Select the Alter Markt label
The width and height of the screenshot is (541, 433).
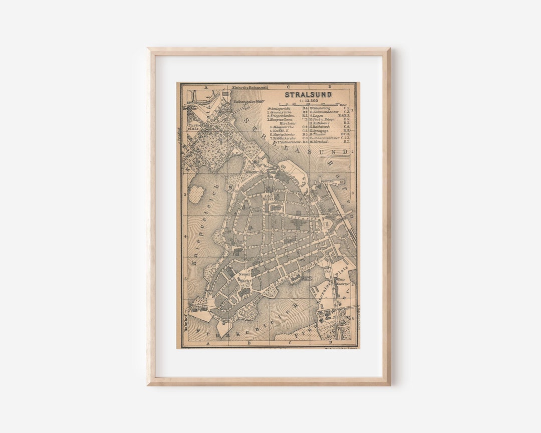(x=269, y=197)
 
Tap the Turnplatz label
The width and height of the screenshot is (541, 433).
(x=193, y=126)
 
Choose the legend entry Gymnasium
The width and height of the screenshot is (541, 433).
(x=280, y=112)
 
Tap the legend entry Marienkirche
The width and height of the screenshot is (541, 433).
(x=283, y=134)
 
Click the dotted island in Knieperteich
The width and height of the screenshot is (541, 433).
(x=196, y=193)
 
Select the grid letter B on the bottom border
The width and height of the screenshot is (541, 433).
(x=249, y=344)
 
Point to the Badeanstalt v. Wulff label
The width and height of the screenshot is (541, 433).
(x=248, y=101)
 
